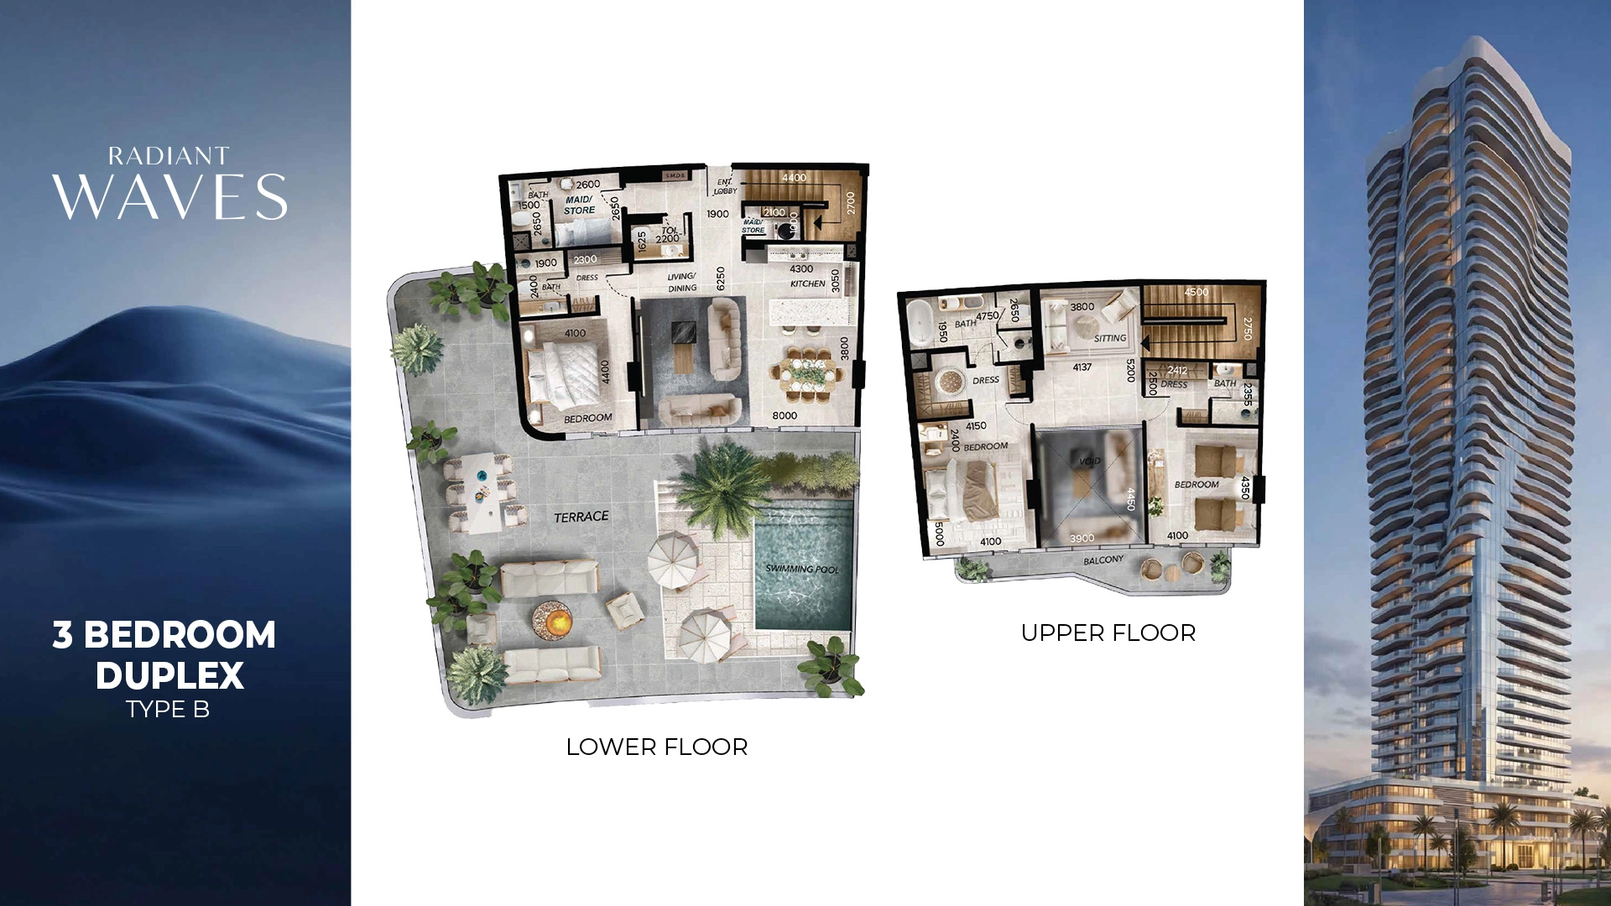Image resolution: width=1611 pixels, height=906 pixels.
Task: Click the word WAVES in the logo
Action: [169, 198]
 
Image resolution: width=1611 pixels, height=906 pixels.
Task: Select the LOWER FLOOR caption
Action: [656, 747]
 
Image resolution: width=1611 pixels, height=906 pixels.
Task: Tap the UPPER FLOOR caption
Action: [1108, 633]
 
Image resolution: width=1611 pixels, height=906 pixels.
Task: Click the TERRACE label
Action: [581, 517]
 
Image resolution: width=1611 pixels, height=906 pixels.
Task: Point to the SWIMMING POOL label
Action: [801, 569]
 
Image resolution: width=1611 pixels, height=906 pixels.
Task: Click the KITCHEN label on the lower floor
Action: [807, 284]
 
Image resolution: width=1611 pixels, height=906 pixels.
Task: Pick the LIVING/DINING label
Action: [681, 282]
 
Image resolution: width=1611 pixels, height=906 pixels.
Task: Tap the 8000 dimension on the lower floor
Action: [785, 415]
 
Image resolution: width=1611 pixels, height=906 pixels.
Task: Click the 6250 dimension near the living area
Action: [720, 279]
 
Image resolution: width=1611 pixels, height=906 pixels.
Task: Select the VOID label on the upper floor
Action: [1089, 461]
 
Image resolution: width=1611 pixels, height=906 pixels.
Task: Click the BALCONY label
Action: [1103, 560]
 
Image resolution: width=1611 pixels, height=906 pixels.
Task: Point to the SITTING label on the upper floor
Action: [1109, 338]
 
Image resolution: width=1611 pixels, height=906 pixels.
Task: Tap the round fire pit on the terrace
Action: [552, 621]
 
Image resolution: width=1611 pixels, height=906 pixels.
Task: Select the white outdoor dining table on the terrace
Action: [482, 492]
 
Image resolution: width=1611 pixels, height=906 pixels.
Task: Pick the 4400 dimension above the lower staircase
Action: [794, 178]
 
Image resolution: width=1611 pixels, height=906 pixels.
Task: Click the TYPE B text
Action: [168, 709]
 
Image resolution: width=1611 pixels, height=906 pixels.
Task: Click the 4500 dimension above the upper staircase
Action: [1197, 292]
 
